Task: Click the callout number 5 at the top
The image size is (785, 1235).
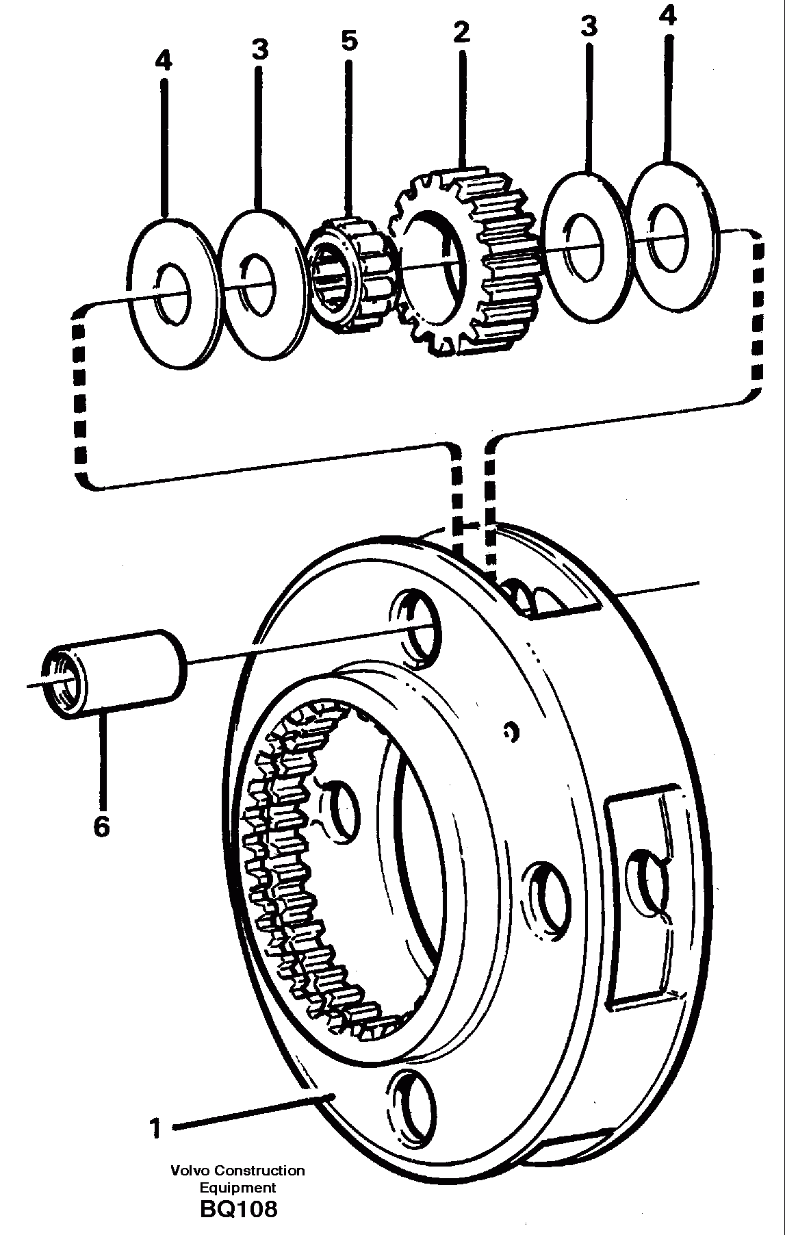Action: coord(349,41)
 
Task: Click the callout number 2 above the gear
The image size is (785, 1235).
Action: coord(462,31)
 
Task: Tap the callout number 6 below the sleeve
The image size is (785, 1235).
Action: coord(101,827)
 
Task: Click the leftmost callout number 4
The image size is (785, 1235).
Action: coord(163,62)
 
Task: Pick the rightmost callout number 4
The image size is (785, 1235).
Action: coord(667,16)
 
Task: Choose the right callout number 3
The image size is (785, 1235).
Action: coord(588,27)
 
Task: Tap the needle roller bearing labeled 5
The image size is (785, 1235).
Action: coord(349,274)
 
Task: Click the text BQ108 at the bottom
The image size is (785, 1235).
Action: coord(239,1210)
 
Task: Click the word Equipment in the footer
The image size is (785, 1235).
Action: coord(237,1188)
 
